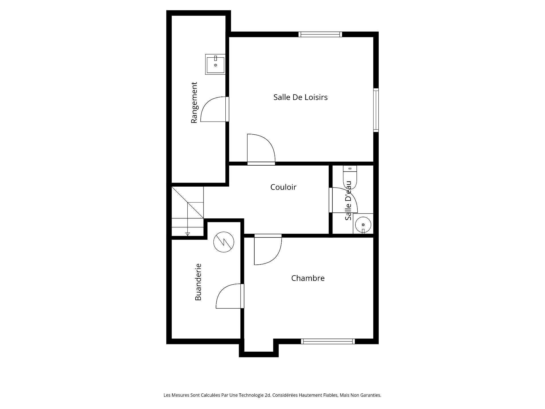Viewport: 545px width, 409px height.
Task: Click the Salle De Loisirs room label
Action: (300, 97)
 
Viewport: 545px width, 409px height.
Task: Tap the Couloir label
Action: (283, 187)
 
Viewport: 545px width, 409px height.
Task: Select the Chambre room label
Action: (308, 278)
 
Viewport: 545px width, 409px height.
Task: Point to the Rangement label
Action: (194, 103)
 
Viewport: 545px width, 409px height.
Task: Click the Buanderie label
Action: (198, 282)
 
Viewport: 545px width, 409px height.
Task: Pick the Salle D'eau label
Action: (348, 201)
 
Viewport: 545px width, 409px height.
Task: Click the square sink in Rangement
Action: (215, 64)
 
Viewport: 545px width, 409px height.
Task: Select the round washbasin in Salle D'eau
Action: (363, 224)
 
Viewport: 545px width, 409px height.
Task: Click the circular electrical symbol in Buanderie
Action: (224, 242)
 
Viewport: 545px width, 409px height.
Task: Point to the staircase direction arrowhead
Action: (187, 234)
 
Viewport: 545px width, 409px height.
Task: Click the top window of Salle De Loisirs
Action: (320, 34)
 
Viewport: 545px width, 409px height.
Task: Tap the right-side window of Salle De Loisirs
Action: (376, 110)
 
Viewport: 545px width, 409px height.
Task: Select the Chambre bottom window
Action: (328, 341)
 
